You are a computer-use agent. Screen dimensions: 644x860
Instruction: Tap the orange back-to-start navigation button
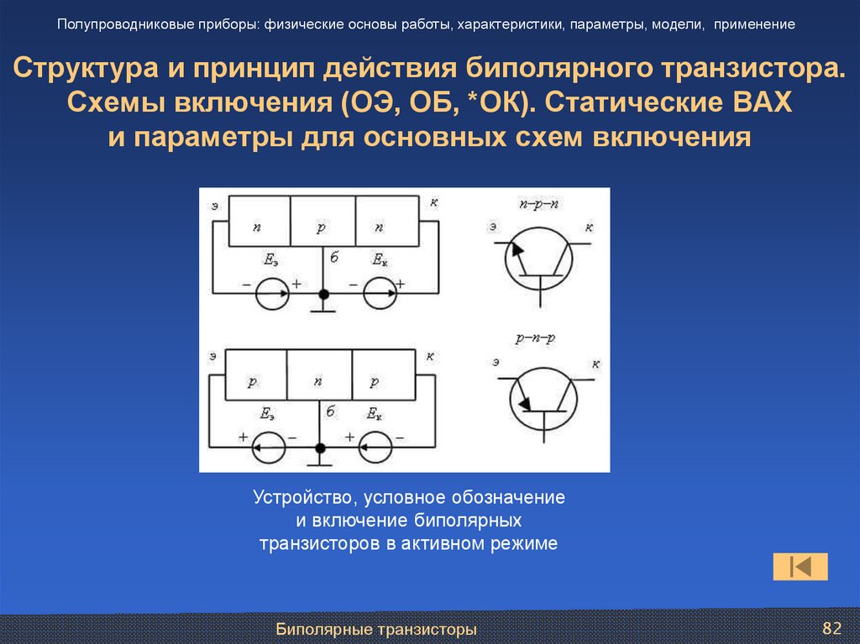click(x=800, y=567)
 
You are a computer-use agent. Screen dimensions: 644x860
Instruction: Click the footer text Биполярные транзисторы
click(x=377, y=629)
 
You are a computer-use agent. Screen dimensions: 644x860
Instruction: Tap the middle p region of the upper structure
click(x=322, y=227)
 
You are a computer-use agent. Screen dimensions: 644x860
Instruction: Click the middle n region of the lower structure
click(x=319, y=380)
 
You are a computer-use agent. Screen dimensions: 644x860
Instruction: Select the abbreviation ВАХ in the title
click(x=762, y=103)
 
